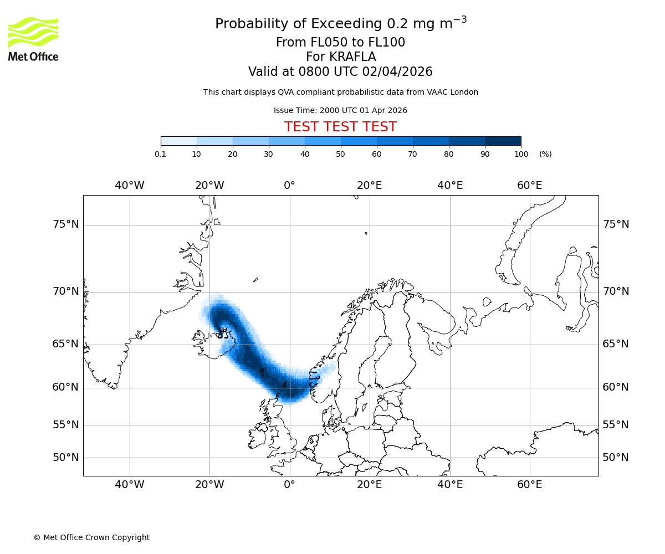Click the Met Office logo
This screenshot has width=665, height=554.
pyautogui.click(x=33, y=39)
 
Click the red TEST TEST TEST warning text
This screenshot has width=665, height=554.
pyautogui.click(x=340, y=127)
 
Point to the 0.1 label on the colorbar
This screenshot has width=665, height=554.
pyautogui.click(x=160, y=154)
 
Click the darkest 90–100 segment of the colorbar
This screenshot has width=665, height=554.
pyautogui.click(x=503, y=141)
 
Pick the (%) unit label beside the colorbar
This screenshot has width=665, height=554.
pyautogui.click(x=545, y=154)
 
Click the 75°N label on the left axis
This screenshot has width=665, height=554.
pyautogui.click(x=65, y=224)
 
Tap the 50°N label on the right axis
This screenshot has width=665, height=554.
pyautogui.click(x=616, y=458)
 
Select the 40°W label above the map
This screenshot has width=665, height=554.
pyautogui.click(x=130, y=186)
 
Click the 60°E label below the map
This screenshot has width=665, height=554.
pyautogui.click(x=530, y=485)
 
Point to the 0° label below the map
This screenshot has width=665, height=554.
pyautogui.click(x=289, y=485)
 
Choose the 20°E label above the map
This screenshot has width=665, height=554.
pyautogui.click(x=370, y=186)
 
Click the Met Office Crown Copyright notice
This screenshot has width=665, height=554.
pyautogui.click(x=91, y=537)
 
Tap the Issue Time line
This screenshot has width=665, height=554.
pyautogui.click(x=340, y=110)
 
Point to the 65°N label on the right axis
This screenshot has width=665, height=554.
pyautogui.click(x=616, y=344)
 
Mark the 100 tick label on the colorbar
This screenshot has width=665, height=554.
pyautogui.click(x=521, y=154)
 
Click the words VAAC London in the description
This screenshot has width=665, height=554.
pyautogui.click(x=453, y=92)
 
